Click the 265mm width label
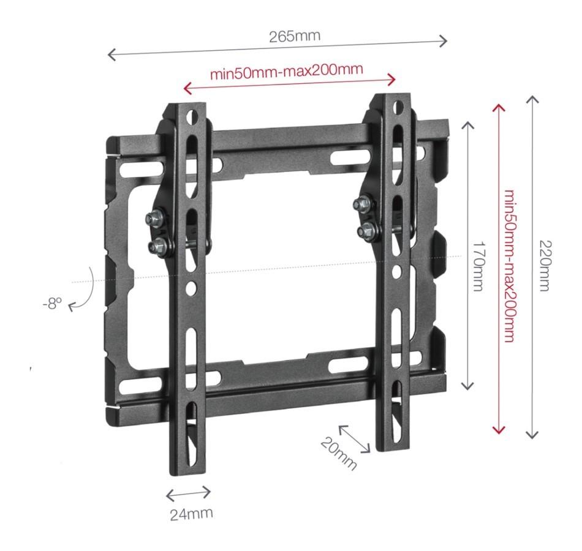(x=294, y=36)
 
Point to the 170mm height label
(x=479, y=266)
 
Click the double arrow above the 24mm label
(x=188, y=493)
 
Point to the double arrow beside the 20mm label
(x=354, y=439)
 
